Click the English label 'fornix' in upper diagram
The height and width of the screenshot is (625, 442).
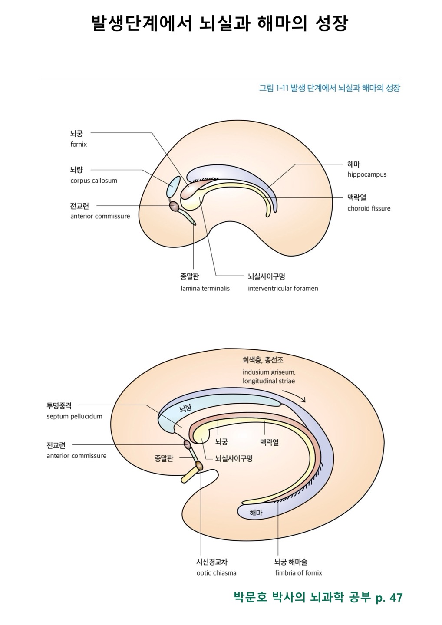[x=79, y=145]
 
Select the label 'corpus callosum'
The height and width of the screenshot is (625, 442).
[x=94, y=181]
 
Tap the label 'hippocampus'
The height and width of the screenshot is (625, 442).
[x=366, y=174]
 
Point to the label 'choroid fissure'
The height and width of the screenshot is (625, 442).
[x=369, y=208]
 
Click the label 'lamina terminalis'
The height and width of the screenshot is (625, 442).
[x=205, y=288]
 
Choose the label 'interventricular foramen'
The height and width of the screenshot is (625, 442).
[x=283, y=288]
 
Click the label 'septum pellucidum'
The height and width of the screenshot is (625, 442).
[x=74, y=416]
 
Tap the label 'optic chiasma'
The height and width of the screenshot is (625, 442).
[x=216, y=573]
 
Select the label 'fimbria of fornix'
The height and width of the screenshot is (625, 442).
[x=298, y=573]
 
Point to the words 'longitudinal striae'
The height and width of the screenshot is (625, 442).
[x=269, y=381]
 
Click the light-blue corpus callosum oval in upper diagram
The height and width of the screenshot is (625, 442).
[x=173, y=186]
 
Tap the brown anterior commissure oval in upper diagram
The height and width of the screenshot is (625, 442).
[x=174, y=206]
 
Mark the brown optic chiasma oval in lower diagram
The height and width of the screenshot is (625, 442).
[x=199, y=466]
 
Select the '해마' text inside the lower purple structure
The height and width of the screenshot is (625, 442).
[x=256, y=513]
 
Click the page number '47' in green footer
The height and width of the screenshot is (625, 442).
[x=396, y=598]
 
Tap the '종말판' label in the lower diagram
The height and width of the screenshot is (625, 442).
[x=164, y=458]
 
